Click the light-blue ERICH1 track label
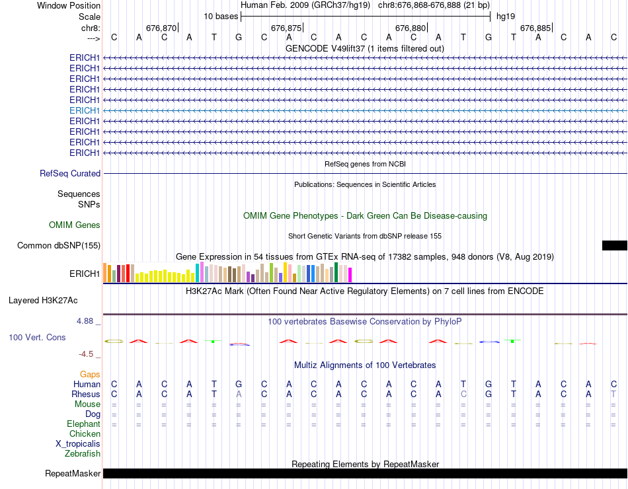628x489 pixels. [x=85, y=110]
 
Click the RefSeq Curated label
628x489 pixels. [x=70, y=173]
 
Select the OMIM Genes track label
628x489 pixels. [x=75, y=225]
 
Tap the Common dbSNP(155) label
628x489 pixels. [x=59, y=246]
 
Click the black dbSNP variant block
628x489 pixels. [x=614, y=245]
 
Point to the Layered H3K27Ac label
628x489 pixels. [x=43, y=300]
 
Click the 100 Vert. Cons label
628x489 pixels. [x=37, y=338]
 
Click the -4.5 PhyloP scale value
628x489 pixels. [x=87, y=354]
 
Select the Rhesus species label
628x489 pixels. [x=86, y=395]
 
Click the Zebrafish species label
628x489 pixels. [x=83, y=454]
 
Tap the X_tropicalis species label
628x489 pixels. [x=78, y=444]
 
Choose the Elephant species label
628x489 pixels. [x=83, y=424]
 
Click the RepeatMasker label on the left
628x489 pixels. [x=73, y=474]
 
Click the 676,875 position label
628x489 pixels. [x=286, y=28]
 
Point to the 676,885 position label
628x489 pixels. [x=535, y=28]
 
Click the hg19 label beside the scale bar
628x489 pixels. [x=506, y=16]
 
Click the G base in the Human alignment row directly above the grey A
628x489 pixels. [x=239, y=385]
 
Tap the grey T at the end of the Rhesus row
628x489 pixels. [x=613, y=395]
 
